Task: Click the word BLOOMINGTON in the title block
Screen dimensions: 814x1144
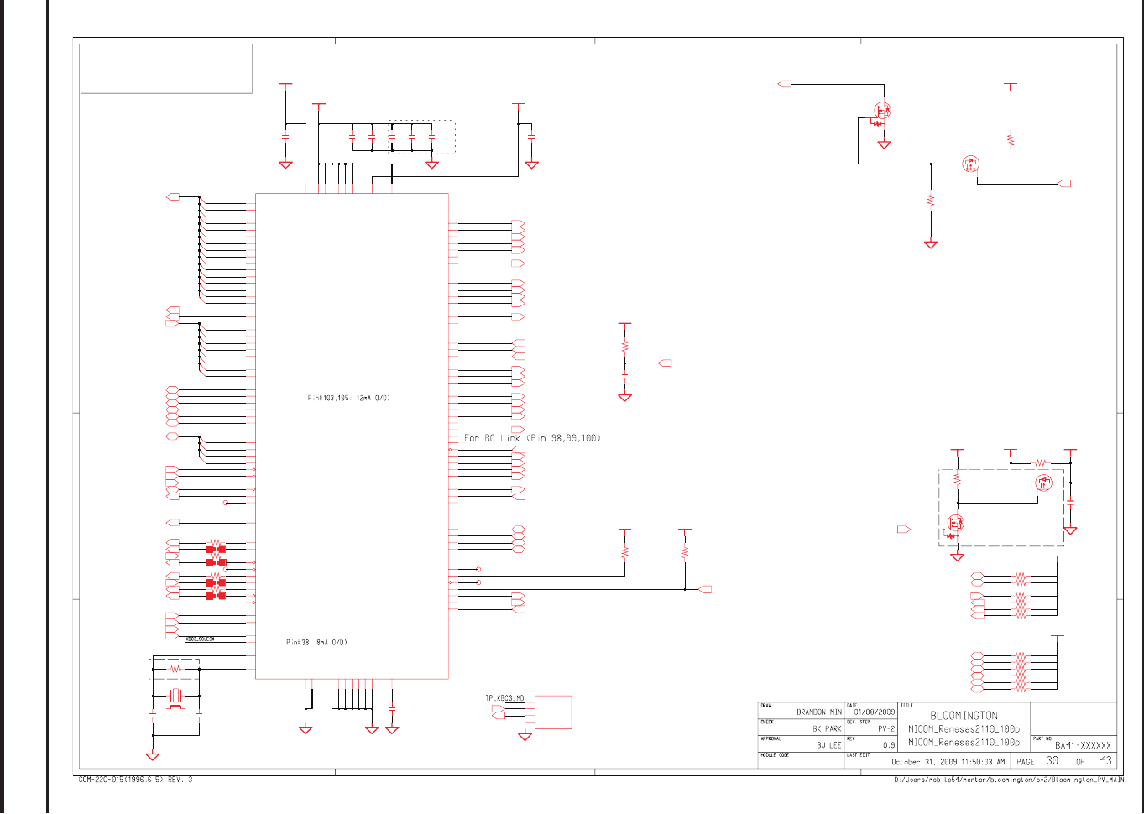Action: click(x=964, y=716)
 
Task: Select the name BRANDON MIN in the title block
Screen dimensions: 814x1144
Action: click(x=818, y=712)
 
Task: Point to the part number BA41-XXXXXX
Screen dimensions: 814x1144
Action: click(x=1083, y=745)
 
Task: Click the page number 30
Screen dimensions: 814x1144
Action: click(x=1052, y=761)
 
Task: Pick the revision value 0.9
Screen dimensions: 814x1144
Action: click(x=889, y=745)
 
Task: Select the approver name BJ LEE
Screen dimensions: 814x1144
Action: click(x=828, y=745)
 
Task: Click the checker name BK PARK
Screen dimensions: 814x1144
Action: click(x=826, y=728)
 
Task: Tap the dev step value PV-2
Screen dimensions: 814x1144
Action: click(x=886, y=728)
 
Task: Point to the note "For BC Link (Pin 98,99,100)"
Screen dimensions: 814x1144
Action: click(x=532, y=438)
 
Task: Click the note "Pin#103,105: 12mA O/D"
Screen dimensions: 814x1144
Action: click(x=348, y=398)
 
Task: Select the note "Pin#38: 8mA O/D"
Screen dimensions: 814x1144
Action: click(x=316, y=643)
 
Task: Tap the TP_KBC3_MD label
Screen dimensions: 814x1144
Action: click(x=504, y=698)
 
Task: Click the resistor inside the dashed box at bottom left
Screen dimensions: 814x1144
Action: click(x=176, y=669)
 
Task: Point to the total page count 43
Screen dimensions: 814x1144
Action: click(x=1105, y=761)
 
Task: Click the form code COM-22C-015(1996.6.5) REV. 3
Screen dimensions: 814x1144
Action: click(x=135, y=780)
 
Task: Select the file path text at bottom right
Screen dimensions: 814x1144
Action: click(x=1008, y=780)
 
